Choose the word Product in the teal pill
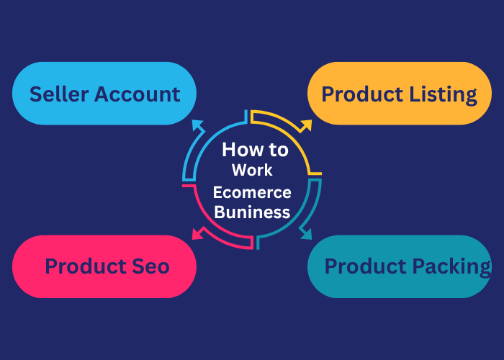pyautogui.click(x=365, y=266)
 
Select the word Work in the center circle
pyautogui.click(x=252, y=171)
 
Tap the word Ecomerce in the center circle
pyautogui.click(x=252, y=192)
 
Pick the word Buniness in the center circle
pyautogui.click(x=252, y=212)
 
